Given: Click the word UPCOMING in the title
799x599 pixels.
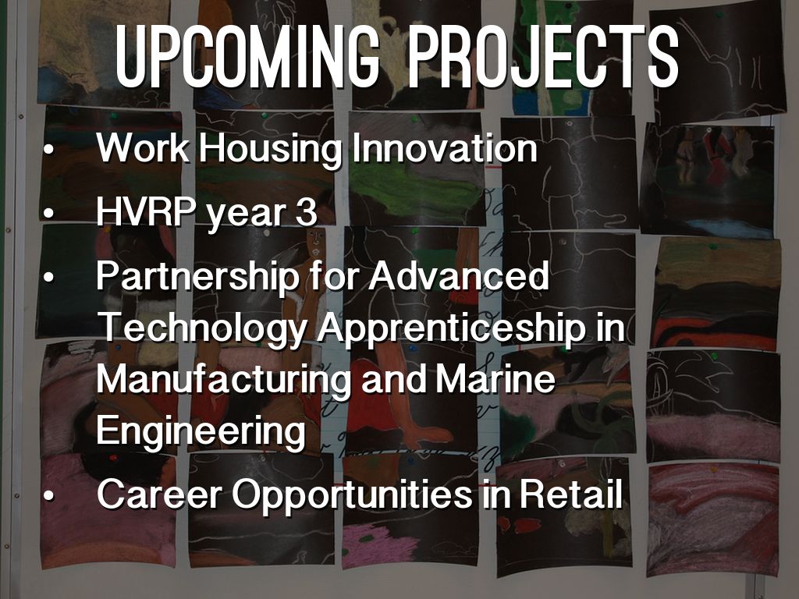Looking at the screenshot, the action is click(247, 54).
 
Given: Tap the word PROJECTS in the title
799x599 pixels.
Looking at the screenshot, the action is click(544, 54).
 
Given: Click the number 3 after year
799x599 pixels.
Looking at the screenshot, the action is click(306, 212).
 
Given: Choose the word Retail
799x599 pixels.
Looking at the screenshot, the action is click(570, 494).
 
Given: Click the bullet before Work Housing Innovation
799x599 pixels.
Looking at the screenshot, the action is click(48, 150).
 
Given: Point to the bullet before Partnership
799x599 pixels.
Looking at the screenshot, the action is click(48, 278).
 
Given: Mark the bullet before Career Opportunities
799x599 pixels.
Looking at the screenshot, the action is click(48, 495).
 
